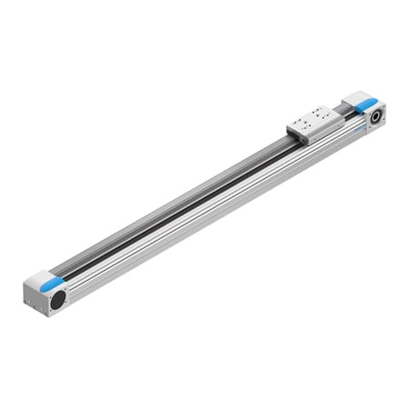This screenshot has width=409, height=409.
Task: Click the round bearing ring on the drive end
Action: pyautogui.click(x=374, y=116)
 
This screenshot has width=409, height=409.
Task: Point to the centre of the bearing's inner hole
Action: pyautogui.click(x=374, y=116)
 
